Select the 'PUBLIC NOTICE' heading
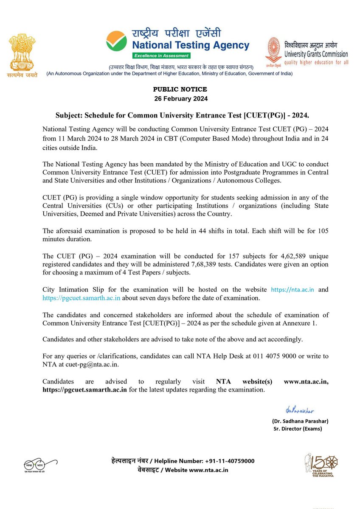point(180,89)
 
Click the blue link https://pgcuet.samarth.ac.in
point(82,298)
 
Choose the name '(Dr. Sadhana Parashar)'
point(300,421)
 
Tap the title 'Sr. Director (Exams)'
point(298,428)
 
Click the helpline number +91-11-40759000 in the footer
point(230,461)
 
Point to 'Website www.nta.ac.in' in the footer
point(197,470)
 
